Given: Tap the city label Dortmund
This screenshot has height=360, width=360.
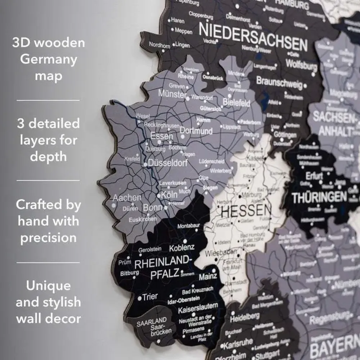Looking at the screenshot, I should pos(196,130).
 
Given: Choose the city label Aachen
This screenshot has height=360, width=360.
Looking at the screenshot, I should pos(127,198).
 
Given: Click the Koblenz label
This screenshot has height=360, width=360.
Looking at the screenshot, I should pos(181,248).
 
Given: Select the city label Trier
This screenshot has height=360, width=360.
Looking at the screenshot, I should pos(150,297).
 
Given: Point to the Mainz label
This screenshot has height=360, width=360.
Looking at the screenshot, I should pos(208,276).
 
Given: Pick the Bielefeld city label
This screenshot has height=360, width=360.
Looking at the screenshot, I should pos(237,103).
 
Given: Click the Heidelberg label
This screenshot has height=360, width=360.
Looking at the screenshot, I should pos(245,318).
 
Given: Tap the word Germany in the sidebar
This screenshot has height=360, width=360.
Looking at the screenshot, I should pos(49,60).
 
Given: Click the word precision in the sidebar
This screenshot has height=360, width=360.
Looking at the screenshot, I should pos(48,238).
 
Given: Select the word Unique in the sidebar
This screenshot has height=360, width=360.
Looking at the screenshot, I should pos(48,286).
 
